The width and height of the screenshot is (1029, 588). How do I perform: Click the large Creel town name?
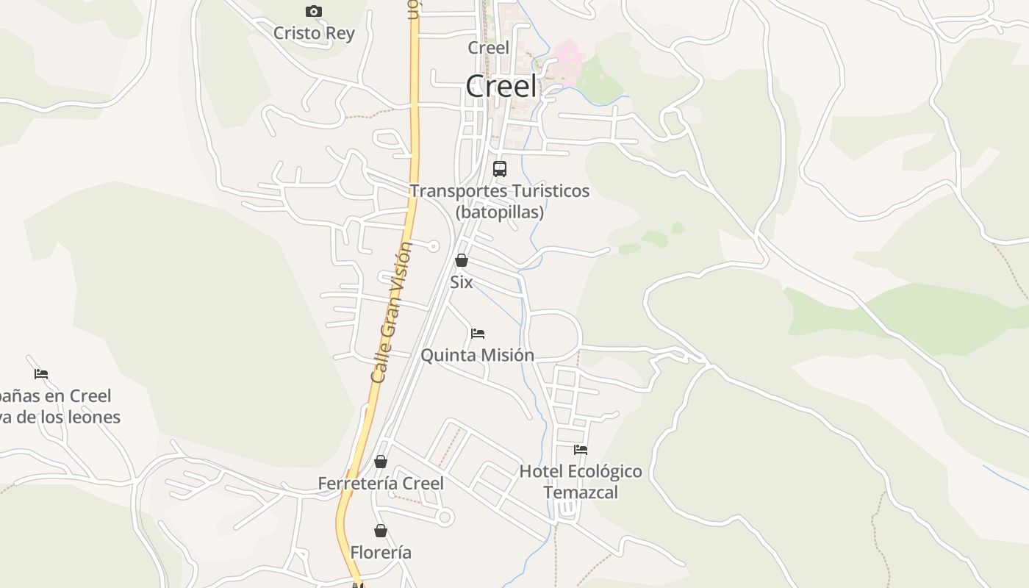click(x=502, y=86)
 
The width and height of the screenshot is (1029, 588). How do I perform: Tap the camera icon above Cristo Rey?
click(x=314, y=11)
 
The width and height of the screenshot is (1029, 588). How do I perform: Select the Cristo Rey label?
click(x=314, y=33)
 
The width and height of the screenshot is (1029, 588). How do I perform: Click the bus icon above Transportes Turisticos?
click(x=500, y=168)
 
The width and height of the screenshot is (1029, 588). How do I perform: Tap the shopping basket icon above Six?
click(x=462, y=260)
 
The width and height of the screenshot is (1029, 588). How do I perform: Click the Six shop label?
click(x=462, y=282)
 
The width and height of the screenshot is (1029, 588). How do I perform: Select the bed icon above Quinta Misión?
click(x=478, y=333)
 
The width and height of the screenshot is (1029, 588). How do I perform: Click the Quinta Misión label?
click(x=478, y=355)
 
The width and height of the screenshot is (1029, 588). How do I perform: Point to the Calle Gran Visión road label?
click(x=392, y=312)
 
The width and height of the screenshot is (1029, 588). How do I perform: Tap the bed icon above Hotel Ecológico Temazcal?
click(x=581, y=449)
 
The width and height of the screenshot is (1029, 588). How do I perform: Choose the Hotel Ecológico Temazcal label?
click(x=581, y=481)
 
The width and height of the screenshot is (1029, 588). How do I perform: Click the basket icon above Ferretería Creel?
click(x=381, y=462)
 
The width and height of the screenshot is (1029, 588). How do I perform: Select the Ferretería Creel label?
click(x=381, y=484)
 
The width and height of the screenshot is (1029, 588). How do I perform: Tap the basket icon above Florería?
click(x=381, y=531)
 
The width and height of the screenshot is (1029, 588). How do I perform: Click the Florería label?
click(x=381, y=553)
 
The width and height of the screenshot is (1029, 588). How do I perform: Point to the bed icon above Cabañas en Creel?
click(x=41, y=373)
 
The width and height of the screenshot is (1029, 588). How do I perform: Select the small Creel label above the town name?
click(x=488, y=48)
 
